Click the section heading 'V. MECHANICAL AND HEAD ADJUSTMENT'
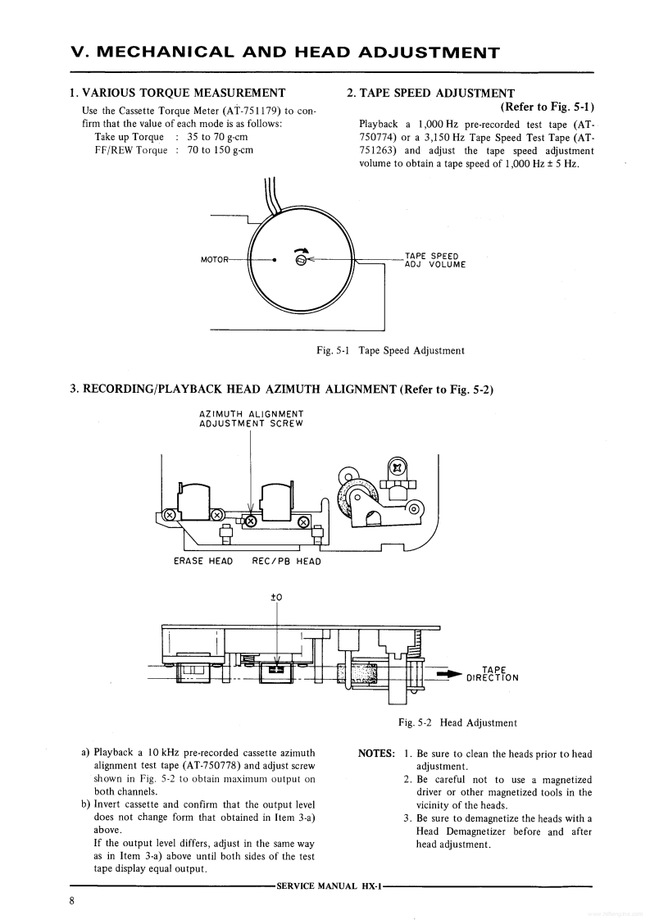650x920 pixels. tap(285, 53)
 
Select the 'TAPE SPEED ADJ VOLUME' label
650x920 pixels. tap(434, 260)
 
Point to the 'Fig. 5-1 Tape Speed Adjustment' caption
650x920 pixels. tap(390, 350)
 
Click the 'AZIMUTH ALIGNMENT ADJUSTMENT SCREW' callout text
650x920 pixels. tap(251, 418)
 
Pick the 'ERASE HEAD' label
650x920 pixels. tap(203, 562)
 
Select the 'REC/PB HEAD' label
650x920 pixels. tap(286, 562)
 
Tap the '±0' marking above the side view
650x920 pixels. tap(276, 597)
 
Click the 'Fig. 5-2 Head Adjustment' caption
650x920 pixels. tap(457, 722)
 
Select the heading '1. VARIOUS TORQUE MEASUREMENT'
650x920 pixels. tap(178, 93)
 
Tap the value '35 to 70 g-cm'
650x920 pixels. tap(217, 137)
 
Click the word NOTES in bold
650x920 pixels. tap(377, 754)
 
